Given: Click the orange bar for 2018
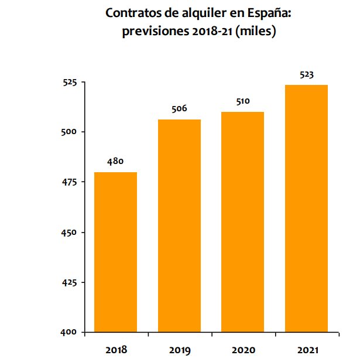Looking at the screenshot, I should coord(116,252).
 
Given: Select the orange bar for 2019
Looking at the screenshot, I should coord(179,226).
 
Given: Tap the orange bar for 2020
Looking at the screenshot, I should coord(242,221).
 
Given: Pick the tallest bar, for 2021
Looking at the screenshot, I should coord(306,209).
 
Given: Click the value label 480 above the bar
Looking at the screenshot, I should coord(115,161).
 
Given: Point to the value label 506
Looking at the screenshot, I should coord(179,108).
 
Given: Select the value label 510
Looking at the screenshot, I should coord(242,101).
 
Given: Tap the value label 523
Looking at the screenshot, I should coord(306,74).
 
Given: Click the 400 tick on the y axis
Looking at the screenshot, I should coord(69,332).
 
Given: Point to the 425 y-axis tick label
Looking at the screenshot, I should coord(69,282).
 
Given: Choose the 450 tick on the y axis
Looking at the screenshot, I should coord(69,233).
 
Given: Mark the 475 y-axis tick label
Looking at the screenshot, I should coord(69,182).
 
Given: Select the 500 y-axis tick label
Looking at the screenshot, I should coord(69,132).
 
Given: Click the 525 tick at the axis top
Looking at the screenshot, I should coord(69,83).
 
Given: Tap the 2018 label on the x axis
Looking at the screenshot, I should coord(116,350).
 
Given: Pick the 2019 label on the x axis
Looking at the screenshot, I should coord(179,350).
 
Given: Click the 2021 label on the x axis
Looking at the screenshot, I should coord(306,350).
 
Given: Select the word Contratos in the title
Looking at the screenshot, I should coord(130,13).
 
